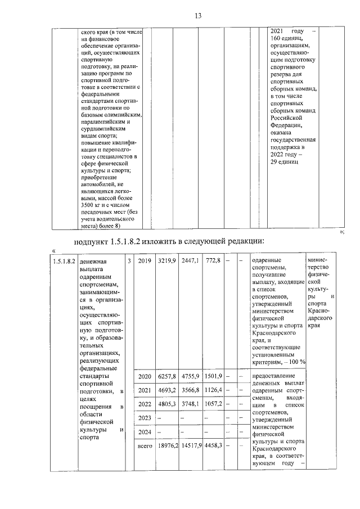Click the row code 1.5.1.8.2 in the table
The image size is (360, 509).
click(x=63, y=261)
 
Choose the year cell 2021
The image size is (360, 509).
click(x=145, y=390)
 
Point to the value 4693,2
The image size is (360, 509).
click(x=166, y=390)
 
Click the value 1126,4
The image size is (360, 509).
click(x=213, y=390)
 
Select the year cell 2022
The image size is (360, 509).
click(x=145, y=404)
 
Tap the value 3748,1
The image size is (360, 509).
click(x=191, y=404)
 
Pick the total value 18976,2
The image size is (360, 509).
click(x=166, y=445)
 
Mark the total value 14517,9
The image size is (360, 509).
click(x=191, y=445)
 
